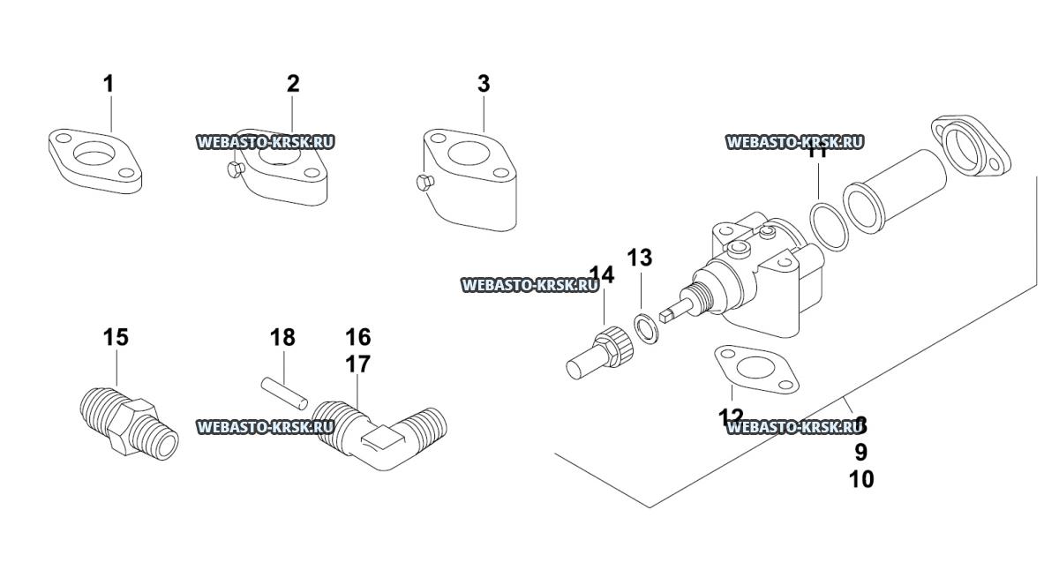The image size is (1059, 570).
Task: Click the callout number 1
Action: [109, 85]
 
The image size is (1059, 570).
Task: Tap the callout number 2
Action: [293, 84]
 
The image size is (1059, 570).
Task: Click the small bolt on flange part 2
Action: [234, 169]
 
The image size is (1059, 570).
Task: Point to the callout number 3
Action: [484, 85]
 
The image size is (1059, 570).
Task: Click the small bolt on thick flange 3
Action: [421, 183]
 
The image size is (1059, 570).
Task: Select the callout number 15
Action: [116, 337]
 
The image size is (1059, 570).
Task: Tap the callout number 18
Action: [282, 337]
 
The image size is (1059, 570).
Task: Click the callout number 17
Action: [357, 364]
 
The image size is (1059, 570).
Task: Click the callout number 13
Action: [639, 259]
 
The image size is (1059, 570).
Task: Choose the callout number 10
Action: [861, 480]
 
